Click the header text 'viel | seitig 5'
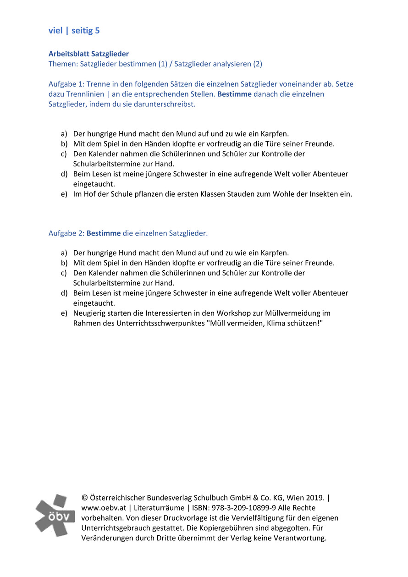pos(74,31)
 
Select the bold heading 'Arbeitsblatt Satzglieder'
pos(88,54)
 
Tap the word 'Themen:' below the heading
pos(63,64)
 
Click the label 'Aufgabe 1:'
pos(66,84)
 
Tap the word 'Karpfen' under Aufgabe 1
pos(274,134)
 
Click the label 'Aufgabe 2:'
pos(66,233)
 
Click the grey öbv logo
pos(55,515)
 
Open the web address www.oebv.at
pos(103,508)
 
